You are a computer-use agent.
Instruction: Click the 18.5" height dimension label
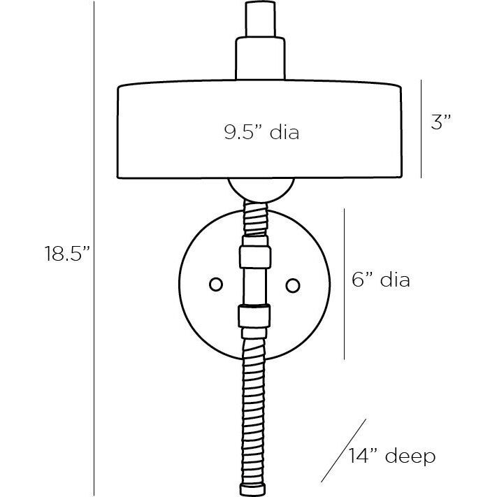pos(67,253)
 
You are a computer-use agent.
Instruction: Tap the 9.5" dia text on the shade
pos(261,132)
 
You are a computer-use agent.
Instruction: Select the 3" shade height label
pos(440,122)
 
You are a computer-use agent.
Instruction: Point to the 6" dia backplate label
pos(381,280)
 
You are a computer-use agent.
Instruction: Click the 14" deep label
pos(392,456)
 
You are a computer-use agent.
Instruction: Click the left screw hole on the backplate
pos(216,284)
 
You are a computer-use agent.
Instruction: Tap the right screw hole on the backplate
pos(293,285)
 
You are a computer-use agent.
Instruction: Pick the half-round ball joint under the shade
pos(261,190)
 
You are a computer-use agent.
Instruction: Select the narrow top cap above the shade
pos(260,19)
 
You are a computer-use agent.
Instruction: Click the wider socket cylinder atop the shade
pos(260,58)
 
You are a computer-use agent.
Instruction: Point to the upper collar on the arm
pos(255,257)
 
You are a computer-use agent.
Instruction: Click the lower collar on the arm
pos(254,316)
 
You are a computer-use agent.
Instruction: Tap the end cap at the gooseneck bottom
pos(252,489)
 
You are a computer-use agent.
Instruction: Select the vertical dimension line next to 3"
pos(422,129)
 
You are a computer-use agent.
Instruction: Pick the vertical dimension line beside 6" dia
pos(344,284)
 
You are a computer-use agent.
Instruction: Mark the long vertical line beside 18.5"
pos(94,249)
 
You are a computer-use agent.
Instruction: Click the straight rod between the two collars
pos(255,286)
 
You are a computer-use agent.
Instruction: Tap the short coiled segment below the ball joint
pos(255,218)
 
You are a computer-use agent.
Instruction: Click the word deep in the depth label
pos(410,456)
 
